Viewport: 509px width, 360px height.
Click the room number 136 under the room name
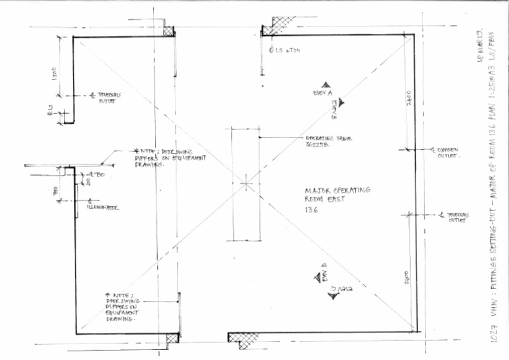312,210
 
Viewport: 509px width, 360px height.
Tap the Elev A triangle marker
326,85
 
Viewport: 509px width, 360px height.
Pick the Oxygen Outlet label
447,154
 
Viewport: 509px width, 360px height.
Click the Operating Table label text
328,141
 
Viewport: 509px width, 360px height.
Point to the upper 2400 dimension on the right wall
410,97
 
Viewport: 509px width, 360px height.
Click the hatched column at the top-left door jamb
168,30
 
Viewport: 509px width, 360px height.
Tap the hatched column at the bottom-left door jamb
172,337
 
